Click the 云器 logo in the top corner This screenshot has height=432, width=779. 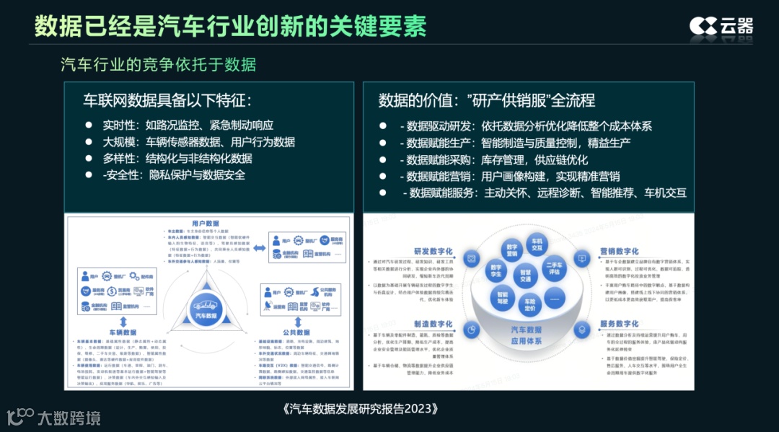(721, 26)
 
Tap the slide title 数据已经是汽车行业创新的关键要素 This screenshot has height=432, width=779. (230, 26)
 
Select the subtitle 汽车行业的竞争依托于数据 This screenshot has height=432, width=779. (159, 65)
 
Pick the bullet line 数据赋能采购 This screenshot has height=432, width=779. (498, 159)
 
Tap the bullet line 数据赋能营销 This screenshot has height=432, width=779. (513, 176)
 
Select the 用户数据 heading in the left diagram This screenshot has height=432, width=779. (206, 224)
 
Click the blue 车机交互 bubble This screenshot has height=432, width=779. (536, 244)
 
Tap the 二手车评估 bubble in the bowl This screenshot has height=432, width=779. (554, 267)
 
